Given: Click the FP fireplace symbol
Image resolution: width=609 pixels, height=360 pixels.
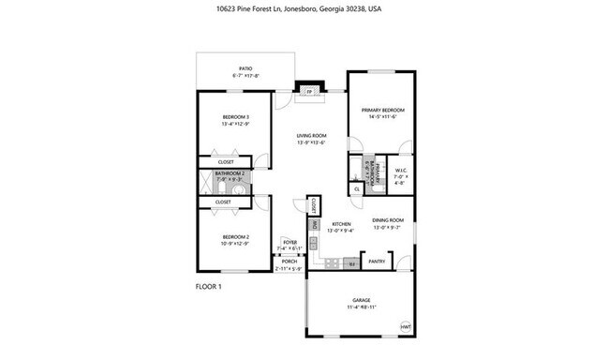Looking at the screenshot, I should (x=309, y=91).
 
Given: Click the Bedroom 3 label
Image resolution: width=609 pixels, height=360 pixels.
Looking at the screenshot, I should (x=222, y=119).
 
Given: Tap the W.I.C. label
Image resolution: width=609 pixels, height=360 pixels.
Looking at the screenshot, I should (x=399, y=172).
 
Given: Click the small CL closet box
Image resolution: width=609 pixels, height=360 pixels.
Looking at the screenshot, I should (x=357, y=189).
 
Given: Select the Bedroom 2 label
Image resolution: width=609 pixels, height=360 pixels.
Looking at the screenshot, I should (x=222, y=239).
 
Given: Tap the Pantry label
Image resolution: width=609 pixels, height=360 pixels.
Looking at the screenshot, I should (x=378, y=262).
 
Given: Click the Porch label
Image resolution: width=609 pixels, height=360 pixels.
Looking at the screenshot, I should (x=289, y=263).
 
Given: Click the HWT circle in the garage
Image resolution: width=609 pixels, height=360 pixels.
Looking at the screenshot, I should (x=406, y=326).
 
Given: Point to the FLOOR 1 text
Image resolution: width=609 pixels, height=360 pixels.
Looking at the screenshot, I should (x=208, y=285).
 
